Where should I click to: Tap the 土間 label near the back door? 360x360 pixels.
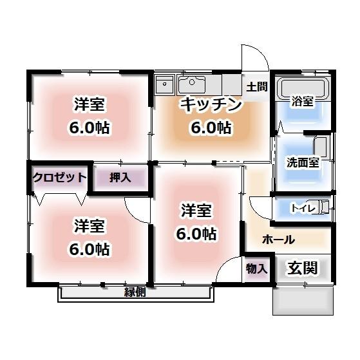tap(256, 86)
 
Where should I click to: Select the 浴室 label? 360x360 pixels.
tap(302, 101)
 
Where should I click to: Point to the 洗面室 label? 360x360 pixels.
tap(302, 162)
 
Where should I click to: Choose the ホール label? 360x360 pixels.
tap(278, 240)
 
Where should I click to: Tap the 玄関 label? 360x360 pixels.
tap(301, 268)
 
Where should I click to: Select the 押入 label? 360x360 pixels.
tap(118, 177)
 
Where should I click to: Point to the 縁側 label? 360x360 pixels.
tap(135, 292)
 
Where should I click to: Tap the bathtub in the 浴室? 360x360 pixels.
tap(303, 88)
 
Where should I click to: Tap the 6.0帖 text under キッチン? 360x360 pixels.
tap(210, 128)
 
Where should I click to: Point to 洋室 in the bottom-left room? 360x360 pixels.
tap(90, 226)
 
